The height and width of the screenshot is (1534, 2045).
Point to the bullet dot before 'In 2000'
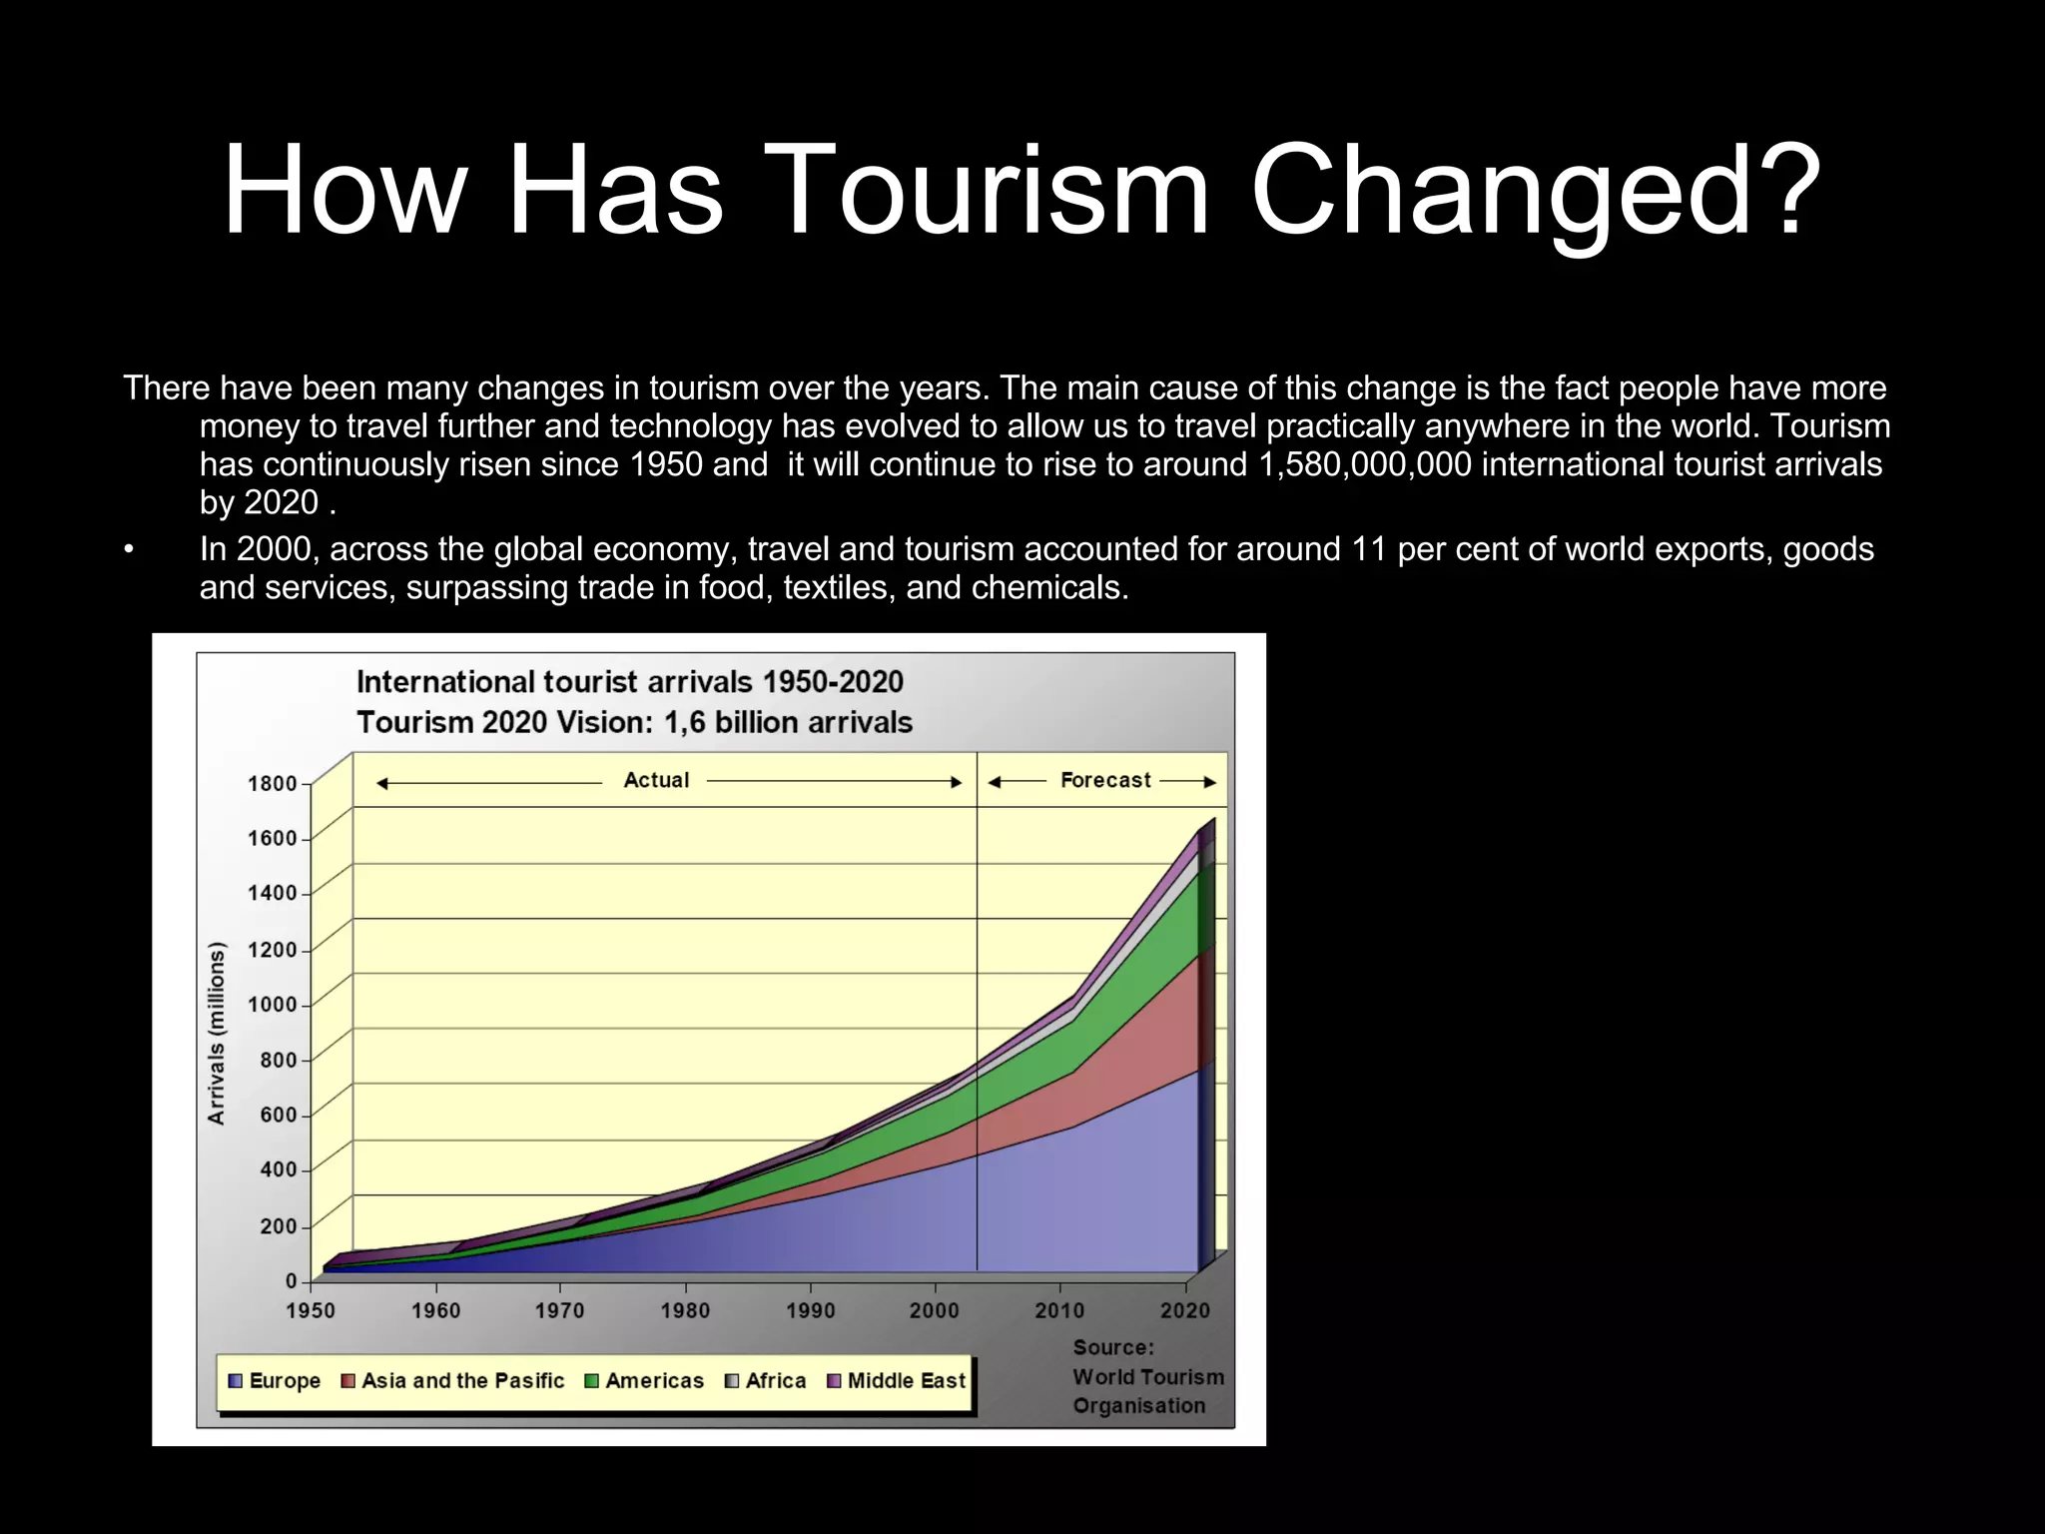(129, 550)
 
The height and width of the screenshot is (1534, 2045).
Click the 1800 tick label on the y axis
(273, 784)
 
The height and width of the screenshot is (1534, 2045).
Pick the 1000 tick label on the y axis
(273, 1005)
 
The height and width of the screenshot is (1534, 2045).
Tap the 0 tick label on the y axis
(291, 1280)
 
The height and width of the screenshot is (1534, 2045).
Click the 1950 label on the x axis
(311, 1310)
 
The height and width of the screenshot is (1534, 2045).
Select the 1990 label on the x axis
(810, 1310)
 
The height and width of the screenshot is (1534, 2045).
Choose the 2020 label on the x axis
(1185, 1310)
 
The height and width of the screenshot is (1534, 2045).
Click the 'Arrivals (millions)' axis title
(217, 1033)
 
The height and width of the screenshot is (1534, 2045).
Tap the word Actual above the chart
(656, 780)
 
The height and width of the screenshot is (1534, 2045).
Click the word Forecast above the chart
(1104, 780)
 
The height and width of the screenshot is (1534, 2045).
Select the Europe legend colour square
(236, 1381)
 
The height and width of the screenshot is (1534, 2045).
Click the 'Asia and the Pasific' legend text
(462, 1381)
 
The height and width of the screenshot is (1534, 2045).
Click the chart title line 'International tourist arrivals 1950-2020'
(629, 682)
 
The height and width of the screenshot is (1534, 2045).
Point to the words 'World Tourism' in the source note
(1147, 1377)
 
